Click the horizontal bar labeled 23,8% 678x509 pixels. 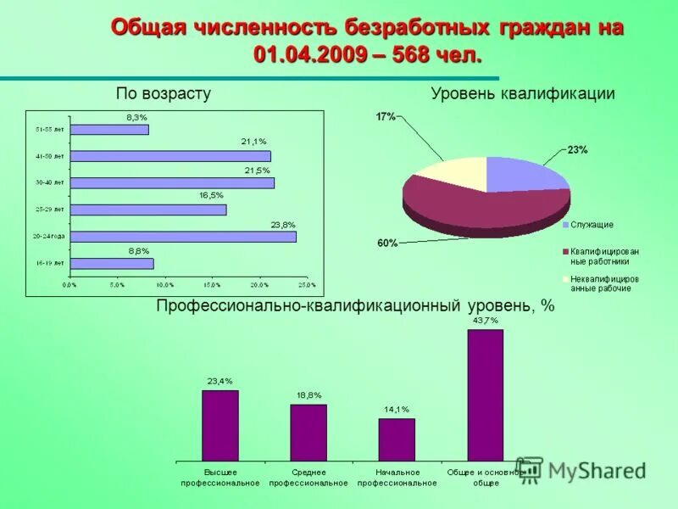pos(183,237)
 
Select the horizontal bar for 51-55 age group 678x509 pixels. pos(109,130)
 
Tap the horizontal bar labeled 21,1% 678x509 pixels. pos(170,156)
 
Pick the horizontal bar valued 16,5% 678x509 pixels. pos(148,210)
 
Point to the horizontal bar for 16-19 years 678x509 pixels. pos(112,264)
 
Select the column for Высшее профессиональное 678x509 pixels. pos(220,425)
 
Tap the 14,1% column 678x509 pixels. pos(397,439)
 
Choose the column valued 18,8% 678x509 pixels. pos(308,432)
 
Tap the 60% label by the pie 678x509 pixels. pos(387,243)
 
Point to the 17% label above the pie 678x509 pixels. pos(386,117)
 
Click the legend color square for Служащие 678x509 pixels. pos(565,225)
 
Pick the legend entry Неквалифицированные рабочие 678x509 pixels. pos(603,283)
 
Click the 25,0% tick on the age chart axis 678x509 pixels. pos(306,284)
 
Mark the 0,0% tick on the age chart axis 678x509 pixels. pos(70,284)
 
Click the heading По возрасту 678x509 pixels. pos(164,93)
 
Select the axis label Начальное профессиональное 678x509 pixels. pos(397,477)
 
